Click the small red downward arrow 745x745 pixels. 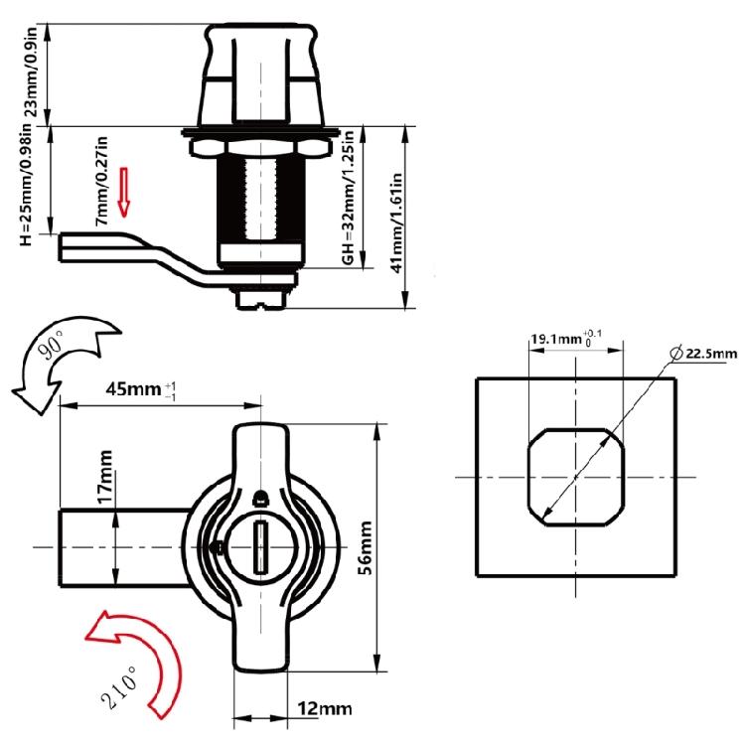click(124, 192)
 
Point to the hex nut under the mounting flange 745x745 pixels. click(260, 147)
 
